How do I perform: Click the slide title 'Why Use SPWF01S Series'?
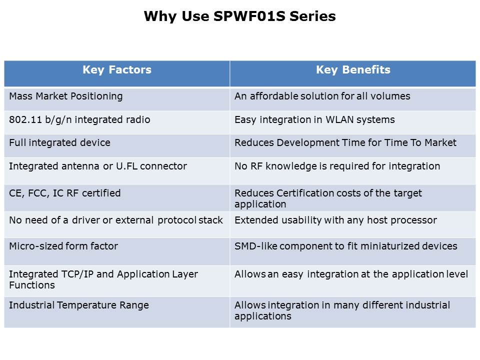pos(239,16)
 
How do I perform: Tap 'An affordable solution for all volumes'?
pos(322,96)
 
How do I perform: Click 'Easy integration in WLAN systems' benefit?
pos(314,119)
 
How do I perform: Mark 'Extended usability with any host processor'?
pos(336,220)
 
